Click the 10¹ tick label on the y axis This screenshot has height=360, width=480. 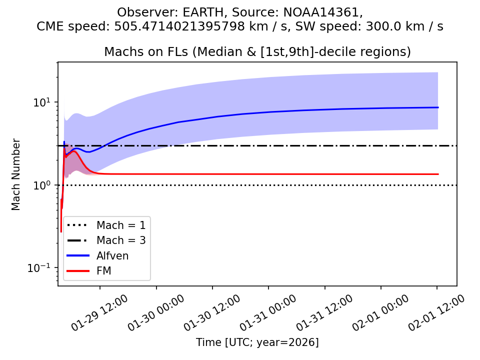point(43,102)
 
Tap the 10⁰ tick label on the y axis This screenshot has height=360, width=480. point(43,185)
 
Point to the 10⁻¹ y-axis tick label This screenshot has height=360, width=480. point(41,268)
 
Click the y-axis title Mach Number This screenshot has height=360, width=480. point(16,174)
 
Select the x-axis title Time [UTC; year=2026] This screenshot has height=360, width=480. point(257,342)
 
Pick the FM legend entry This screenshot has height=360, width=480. point(104,271)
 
